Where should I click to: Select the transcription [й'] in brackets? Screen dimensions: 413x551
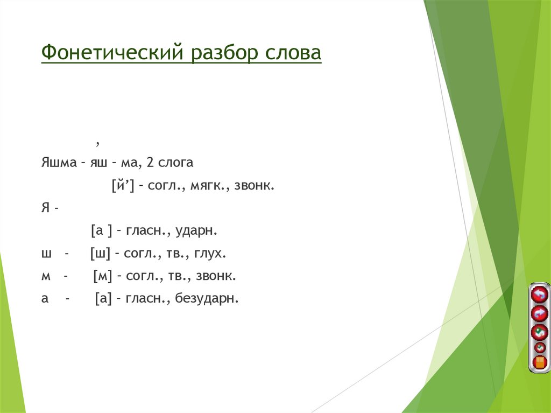122,186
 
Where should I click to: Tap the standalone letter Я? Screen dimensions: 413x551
45,208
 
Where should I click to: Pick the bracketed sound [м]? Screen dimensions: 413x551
102,276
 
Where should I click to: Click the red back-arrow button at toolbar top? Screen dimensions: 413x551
539,294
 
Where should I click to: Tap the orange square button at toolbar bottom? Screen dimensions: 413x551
540,362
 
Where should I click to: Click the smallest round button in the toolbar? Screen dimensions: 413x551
540,348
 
